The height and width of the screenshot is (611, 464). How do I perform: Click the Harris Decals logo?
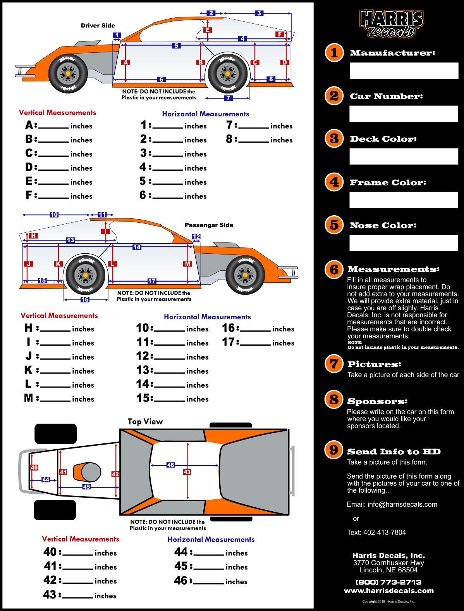click(392, 24)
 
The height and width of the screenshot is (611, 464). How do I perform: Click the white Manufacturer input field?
click(404, 71)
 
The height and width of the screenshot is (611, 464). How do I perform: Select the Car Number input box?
click(404, 114)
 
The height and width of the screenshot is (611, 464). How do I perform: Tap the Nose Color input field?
click(404, 243)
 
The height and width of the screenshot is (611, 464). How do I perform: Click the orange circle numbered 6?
click(334, 270)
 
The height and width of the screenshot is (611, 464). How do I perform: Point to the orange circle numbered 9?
click(333, 450)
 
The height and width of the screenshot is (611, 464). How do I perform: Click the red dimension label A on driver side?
click(125, 62)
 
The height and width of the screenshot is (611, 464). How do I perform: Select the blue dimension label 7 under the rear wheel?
click(228, 98)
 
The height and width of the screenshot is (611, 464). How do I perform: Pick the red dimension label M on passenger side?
click(187, 264)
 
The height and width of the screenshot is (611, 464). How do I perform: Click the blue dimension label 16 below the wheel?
click(85, 299)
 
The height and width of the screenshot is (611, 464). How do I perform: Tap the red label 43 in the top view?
click(187, 472)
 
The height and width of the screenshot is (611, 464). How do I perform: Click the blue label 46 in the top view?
click(170, 465)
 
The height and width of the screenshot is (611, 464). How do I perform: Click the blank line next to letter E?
click(53, 184)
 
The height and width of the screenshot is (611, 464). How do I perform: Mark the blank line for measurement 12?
click(170, 359)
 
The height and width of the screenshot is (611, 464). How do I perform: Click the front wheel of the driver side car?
click(68, 73)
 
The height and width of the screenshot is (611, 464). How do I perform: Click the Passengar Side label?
click(209, 225)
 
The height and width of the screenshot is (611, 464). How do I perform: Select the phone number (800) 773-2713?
click(388, 582)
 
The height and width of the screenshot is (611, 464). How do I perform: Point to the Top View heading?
click(145, 422)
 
